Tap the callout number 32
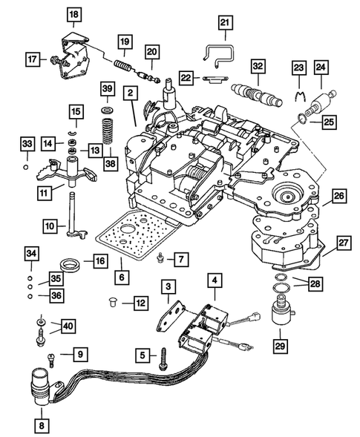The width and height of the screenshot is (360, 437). coord(258,68)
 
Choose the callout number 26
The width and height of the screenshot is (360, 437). coord(338,197)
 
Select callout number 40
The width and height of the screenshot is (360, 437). coord(68,325)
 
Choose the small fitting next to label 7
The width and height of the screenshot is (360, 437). coord(160,258)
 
